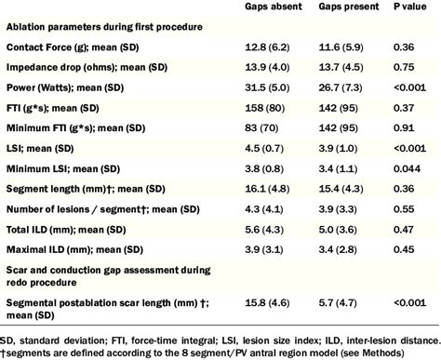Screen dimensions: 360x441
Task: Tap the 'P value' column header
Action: (403, 7)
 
